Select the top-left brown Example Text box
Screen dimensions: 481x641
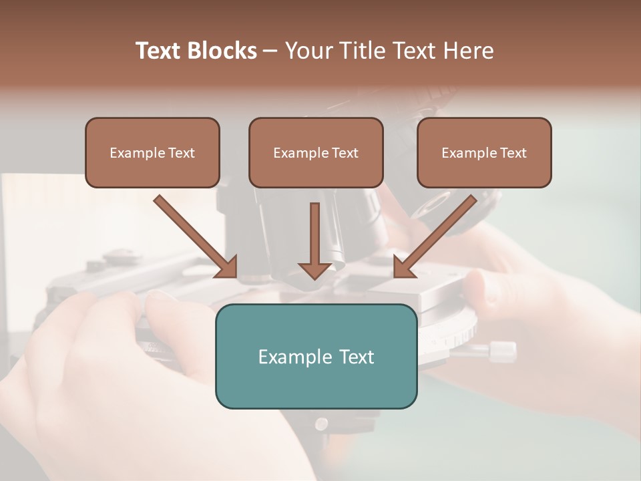[x=152, y=153]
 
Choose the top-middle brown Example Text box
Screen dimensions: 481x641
[x=316, y=153]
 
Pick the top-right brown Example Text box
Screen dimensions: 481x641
[x=484, y=153]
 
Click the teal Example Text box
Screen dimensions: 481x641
[x=316, y=356]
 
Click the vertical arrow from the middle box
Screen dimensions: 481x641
[x=315, y=234]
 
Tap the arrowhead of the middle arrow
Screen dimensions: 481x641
[x=315, y=270]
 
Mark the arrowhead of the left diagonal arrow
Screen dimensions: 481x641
[x=228, y=267]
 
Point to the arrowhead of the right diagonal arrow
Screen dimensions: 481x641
[x=403, y=267]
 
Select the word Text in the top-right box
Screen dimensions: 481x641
[x=513, y=153]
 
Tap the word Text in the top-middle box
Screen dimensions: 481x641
[x=345, y=153]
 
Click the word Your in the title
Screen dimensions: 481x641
[x=308, y=51]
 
